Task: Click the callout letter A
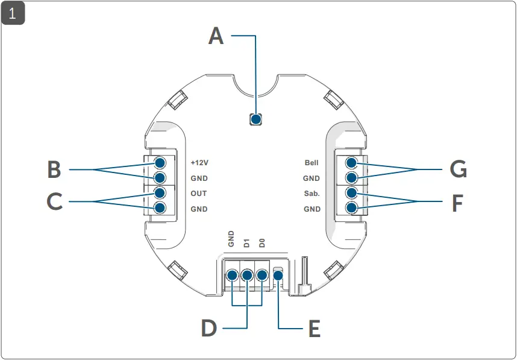pos(216,36)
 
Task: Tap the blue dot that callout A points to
pos(256,119)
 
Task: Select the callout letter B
pos(54,170)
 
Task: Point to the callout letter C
pos(54,201)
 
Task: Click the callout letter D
pos(208,329)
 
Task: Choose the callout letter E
pos(314,329)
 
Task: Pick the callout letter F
pos(457,203)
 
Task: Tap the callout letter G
pos(459,170)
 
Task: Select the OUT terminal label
pos(199,194)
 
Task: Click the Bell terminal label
pos(312,163)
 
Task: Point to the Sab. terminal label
pos(312,194)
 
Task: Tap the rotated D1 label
pos(246,243)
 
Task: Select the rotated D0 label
pos(262,243)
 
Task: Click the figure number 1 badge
pos(13,13)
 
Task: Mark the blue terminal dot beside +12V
pos(160,163)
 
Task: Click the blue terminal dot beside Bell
pos(352,163)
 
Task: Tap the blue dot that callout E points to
pos(278,276)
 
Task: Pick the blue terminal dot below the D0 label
pos(262,276)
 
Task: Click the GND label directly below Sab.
pos(312,209)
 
